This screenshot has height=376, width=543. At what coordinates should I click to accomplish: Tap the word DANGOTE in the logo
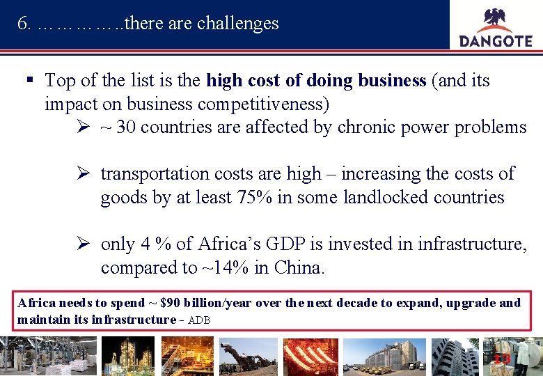click(496, 40)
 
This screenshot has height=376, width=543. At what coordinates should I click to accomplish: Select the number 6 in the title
click(23, 23)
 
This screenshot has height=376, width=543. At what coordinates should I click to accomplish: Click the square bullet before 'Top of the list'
click(29, 81)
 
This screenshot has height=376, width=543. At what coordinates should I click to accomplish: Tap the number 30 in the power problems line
click(126, 127)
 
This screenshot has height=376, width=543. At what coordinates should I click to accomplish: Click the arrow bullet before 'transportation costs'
click(83, 173)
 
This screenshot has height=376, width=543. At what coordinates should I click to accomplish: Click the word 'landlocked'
click(388, 197)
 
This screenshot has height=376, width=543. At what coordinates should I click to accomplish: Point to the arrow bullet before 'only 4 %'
click(83, 244)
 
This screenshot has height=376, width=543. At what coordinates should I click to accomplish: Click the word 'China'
click(299, 267)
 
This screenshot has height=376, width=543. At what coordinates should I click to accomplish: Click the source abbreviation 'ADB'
click(199, 320)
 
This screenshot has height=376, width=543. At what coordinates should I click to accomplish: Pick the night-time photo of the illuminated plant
click(127, 356)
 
